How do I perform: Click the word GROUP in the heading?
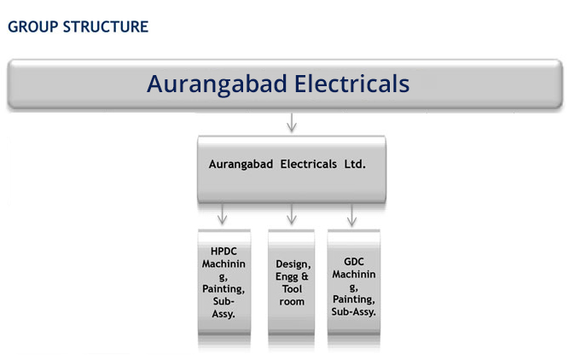tap(32, 26)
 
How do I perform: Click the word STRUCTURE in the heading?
tap(106, 26)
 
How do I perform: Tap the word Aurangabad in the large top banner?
tap(217, 84)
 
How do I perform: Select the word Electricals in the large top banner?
tap(351, 84)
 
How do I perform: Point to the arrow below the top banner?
tap(292, 122)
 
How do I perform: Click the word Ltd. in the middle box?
tap(355, 164)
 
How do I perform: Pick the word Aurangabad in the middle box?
tap(241, 165)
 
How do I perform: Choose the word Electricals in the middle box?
tap(309, 164)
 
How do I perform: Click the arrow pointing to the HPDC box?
tap(222, 214)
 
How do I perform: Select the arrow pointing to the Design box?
tap(292, 214)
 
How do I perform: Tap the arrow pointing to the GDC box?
tap(351, 214)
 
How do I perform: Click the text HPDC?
tap(224, 251)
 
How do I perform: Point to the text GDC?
tap(354, 262)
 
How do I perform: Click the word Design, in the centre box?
tap(293, 264)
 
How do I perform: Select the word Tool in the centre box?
tap(292, 289)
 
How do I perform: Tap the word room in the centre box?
tap(292, 302)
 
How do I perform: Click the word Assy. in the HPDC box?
tap(224, 314)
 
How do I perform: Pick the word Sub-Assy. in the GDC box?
tap(353, 311)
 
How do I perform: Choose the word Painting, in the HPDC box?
tap(224, 289)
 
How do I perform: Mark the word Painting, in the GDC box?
tap(354, 299)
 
